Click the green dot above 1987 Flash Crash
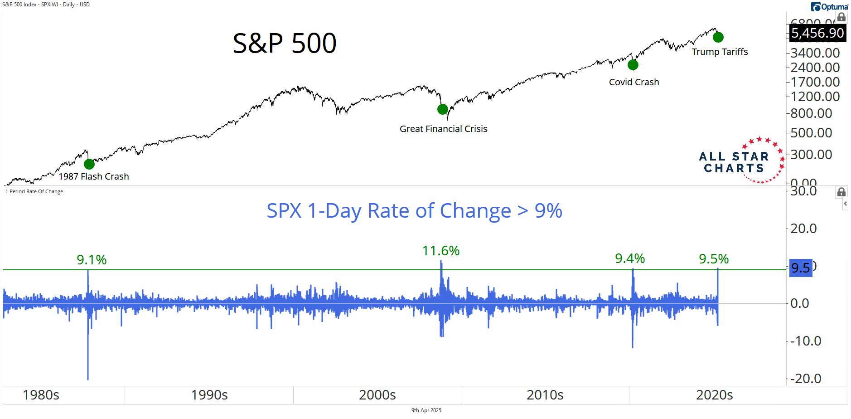(89, 164)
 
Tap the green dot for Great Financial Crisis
(443, 109)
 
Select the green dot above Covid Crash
(633, 65)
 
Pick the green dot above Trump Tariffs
(718, 37)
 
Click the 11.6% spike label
(441, 251)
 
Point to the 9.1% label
(92, 260)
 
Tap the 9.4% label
(630, 258)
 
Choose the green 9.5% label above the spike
(714, 259)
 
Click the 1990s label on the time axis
(209, 395)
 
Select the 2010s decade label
(545, 395)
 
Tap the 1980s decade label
(41, 395)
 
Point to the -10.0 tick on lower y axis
(806, 341)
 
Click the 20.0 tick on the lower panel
(803, 229)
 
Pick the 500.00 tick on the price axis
(811, 133)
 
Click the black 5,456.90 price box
(817, 33)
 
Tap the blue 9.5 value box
(800, 268)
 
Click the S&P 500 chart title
(285, 44)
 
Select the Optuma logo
(830, 6)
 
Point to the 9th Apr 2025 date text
(426, 410)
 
